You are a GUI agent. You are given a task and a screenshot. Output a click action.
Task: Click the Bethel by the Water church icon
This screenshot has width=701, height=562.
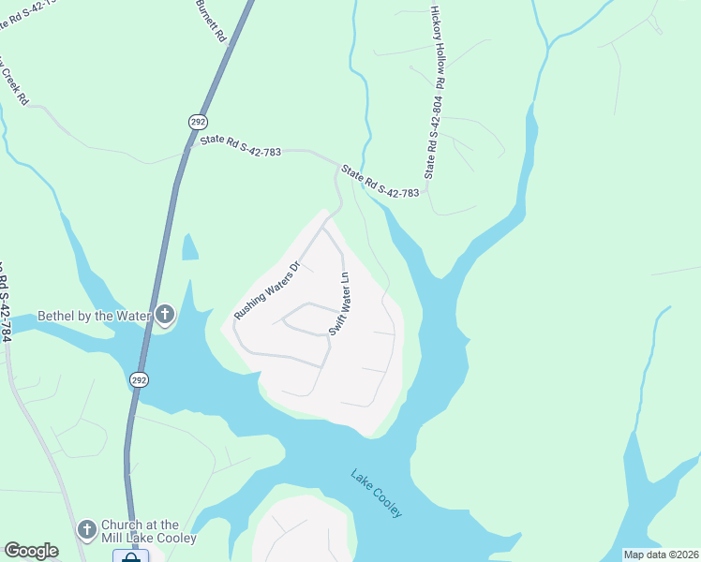click(165, 316)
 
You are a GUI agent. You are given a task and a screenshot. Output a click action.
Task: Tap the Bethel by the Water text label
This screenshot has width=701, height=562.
click(94, 317)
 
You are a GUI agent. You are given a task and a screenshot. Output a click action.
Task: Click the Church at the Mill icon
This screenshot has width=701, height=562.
click(87, 531)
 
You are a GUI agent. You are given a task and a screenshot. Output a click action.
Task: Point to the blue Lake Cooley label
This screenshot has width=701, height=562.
click(377, 493)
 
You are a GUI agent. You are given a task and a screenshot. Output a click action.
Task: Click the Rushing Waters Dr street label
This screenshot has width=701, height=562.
click(266, 290)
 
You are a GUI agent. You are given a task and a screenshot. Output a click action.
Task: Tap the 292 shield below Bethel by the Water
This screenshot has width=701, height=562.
click(139, 379)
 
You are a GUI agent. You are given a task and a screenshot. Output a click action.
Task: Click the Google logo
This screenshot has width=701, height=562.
click(31, 551)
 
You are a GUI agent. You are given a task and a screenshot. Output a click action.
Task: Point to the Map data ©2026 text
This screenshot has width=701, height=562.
click(661, 555)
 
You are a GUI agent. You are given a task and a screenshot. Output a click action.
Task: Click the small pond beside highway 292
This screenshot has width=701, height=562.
click(189, 246)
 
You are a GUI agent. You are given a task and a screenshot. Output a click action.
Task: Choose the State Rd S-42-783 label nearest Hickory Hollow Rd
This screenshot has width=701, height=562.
click(380, 182)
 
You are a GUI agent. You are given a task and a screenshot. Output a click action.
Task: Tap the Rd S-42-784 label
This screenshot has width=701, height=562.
click(5, 300)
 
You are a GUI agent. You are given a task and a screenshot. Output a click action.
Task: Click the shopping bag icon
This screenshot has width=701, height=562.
click(131, 556)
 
